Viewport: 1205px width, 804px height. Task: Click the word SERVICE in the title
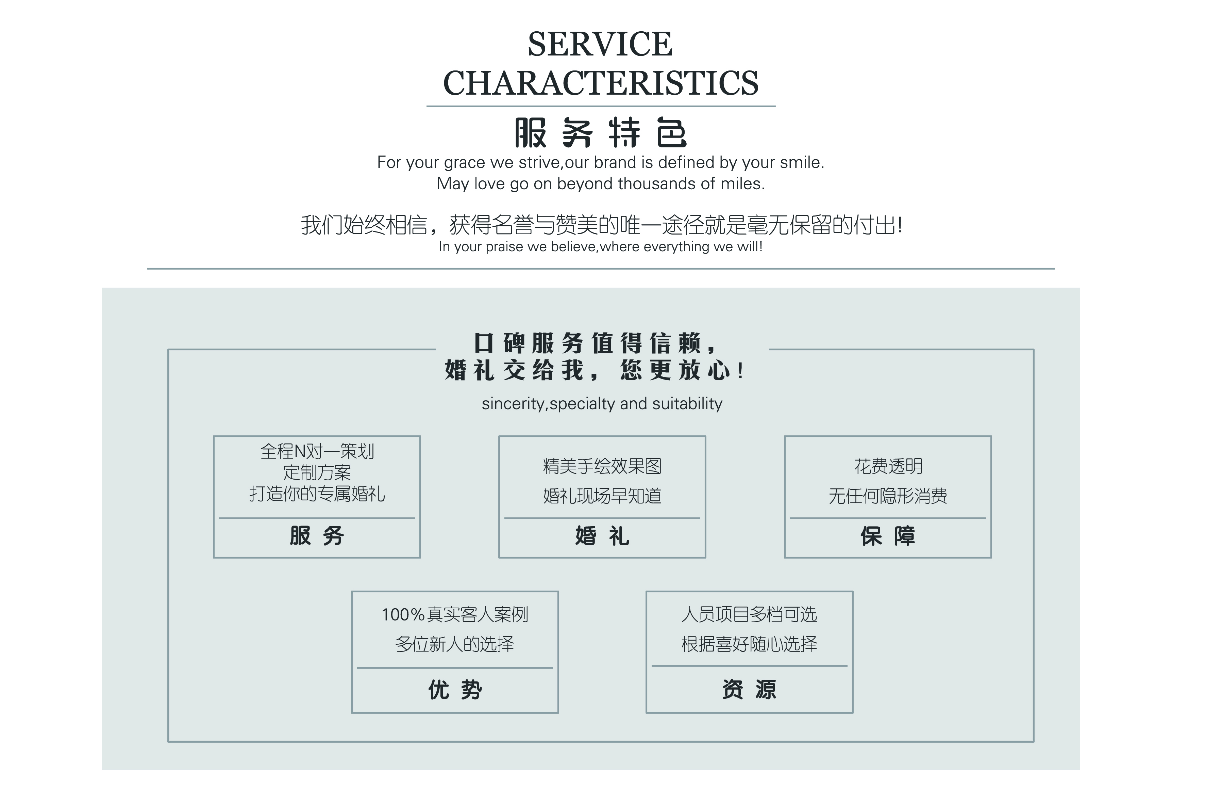600,44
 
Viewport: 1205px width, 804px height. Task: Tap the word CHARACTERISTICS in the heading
600,83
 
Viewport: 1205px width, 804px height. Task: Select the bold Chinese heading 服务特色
600,133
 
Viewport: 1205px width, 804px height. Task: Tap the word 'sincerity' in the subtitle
513,404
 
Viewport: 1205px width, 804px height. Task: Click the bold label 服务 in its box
317,536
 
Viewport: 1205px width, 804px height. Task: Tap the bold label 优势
455,690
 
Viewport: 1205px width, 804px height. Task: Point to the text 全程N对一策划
317,451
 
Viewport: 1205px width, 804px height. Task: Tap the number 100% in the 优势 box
403,614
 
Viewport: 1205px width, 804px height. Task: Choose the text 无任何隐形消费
888,496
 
